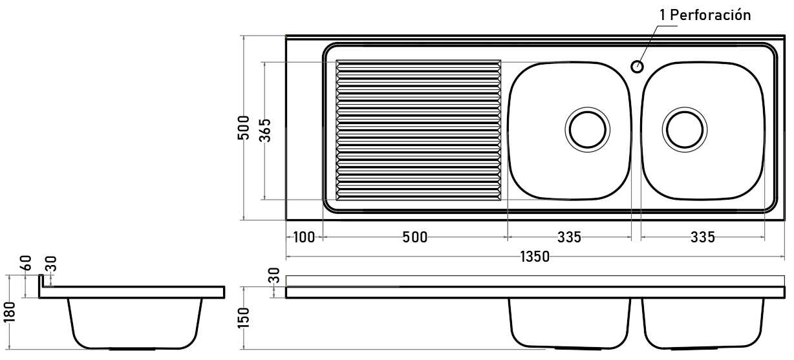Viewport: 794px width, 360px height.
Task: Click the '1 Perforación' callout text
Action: [x=705, y=16]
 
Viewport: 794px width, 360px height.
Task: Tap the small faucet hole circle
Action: [x=638, y=67]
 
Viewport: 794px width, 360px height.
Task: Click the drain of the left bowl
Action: [x=588, y=130]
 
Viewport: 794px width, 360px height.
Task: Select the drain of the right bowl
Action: [x=685, y=130]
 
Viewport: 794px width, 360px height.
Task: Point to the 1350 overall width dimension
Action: [x=535, y=257]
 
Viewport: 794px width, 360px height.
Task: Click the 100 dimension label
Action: [x=304, y=237]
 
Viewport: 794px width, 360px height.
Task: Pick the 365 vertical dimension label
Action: [x=266, y=131]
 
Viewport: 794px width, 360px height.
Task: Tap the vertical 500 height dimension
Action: [x=244, y=127]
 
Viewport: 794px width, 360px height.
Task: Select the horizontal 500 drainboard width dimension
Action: [x=414, y=237]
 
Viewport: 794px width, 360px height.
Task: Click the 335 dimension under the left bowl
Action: [x=569, y=237]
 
